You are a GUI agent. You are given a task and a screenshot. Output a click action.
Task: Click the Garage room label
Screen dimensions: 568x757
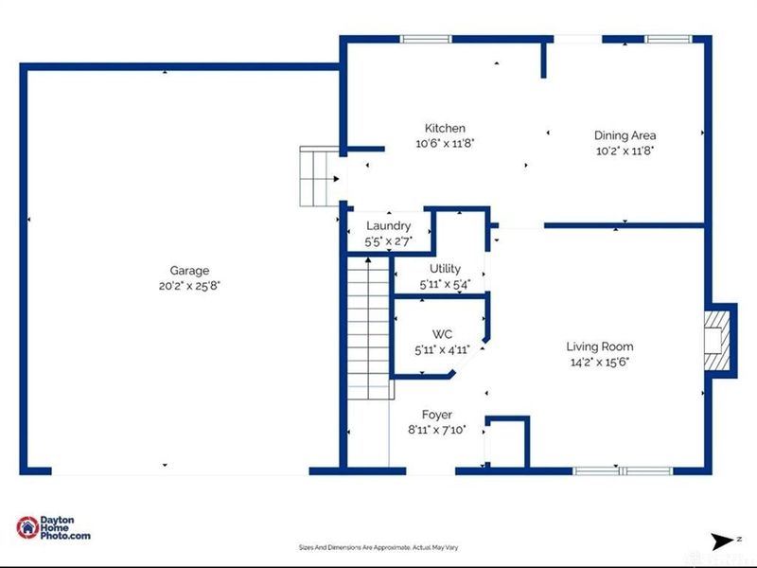click(x=189, y=271)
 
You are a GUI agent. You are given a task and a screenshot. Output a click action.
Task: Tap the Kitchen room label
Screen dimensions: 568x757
click(x=445, y=129)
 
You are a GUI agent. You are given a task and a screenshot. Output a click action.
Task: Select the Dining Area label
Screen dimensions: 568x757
click(x=625, y=135)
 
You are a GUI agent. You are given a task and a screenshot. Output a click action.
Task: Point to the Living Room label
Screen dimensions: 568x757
click(x=599, y=346)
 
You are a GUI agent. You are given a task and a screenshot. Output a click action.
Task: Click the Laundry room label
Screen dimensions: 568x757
click(x=388, y=226)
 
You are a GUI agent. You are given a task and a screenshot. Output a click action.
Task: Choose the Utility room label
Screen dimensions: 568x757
click(x=445, y=270)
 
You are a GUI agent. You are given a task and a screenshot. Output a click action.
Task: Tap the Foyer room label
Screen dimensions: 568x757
click(x=437, y=415)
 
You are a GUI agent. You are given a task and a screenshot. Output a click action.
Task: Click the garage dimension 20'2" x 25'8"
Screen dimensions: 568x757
click(x=189, y=285)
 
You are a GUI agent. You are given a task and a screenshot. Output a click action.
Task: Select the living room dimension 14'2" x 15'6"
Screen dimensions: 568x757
click(x=599, y=361)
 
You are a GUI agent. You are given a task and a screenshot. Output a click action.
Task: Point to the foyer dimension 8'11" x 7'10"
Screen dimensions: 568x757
click(x=437, y=429)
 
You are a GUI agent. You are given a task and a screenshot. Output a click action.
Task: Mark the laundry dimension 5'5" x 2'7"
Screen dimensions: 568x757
click(x=388, y=241)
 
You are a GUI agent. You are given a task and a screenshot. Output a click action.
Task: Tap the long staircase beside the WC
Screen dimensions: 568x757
click(x=367, y=331)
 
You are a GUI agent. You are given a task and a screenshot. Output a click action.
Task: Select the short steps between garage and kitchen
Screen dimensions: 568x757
click(x=318, y=176)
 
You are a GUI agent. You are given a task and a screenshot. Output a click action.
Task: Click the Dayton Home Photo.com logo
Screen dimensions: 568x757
click(x=54, y=528)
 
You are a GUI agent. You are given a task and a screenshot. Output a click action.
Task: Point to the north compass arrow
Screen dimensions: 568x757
click(x=723, y=541)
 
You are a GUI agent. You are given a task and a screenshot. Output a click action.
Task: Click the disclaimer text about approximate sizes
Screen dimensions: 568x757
click(x=378, y=547)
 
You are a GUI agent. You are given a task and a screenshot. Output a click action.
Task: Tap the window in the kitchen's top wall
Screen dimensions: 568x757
click(x=426, y=39)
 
